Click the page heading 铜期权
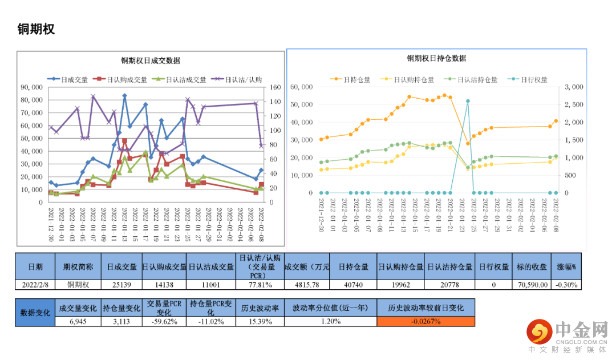click(x=37, y=30)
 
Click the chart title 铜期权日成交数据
click(x=150, y=60)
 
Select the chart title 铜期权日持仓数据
click(x=436, y=58)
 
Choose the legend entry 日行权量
click(x=534, y=80)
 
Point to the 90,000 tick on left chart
click(x=31, y=87)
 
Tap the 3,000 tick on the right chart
click(x=573, y=87)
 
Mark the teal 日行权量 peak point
click(x=468, y=101)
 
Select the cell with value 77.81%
click(x=260, y=284)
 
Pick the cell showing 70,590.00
click(x=532, y=284)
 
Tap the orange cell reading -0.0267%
click(x=425, y=321)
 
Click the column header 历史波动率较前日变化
click(x=425, y=308)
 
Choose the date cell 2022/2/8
click(x=35, y=284)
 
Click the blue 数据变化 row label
click(x=35, y=313)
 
